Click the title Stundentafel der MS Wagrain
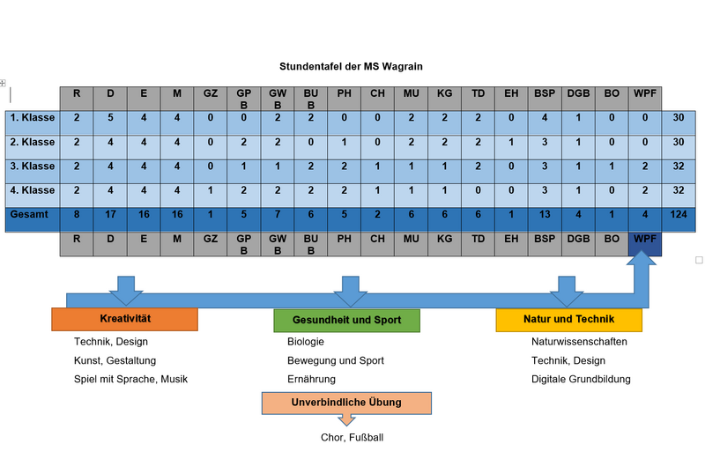(x=357, y=66)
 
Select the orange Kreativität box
(x=124, y=319)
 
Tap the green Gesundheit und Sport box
(x=346, y=321)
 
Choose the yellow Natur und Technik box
(x=568, y=319)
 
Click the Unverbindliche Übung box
(x=346, y=403)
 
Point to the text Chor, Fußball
(x=352, y=437)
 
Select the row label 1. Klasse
(x=33, y=118)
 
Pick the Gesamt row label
(x=30, y=213)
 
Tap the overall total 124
(x=678, y=214)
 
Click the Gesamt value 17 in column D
(x=110, y=214)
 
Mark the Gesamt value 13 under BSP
(x=545, y=214)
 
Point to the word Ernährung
(x=311, y=379)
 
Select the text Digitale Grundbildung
(x=581, y=379)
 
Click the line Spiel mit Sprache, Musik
(x=130, y=379)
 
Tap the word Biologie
(x=306, y=342)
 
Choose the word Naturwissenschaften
(x=579, y=342)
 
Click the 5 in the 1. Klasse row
(x=110, y=118)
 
